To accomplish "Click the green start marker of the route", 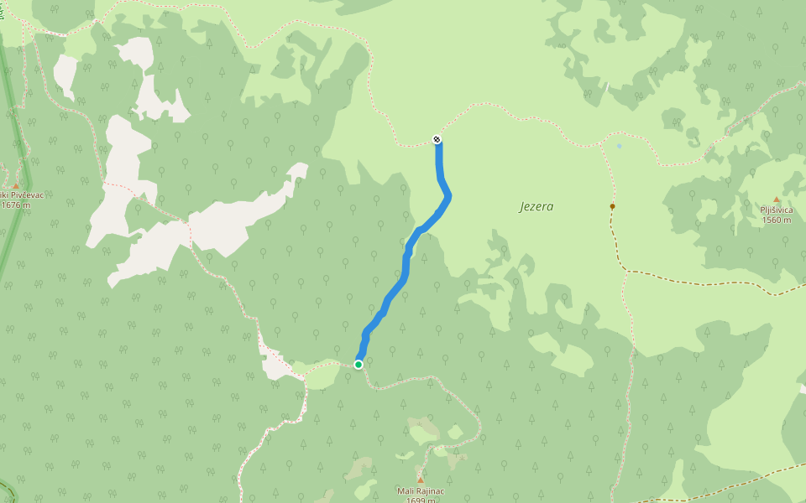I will click(359, 365).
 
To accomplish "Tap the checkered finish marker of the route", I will click(437, 139).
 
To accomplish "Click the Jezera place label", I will click(536, 206).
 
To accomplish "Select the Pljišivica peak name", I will click(776, 210).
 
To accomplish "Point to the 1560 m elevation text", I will click(777, 220).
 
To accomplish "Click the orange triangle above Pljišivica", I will click(776, 200).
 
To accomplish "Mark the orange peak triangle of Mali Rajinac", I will click(421, 480).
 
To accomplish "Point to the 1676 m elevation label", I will click(22, 205).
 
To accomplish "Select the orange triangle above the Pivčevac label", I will click(15, 185).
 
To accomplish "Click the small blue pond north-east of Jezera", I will click(620, 146).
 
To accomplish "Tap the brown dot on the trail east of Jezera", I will click(612, 206).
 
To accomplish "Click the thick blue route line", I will click(405, 268).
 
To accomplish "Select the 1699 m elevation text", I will click(420, 500).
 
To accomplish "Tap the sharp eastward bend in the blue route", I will click(449, 197).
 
